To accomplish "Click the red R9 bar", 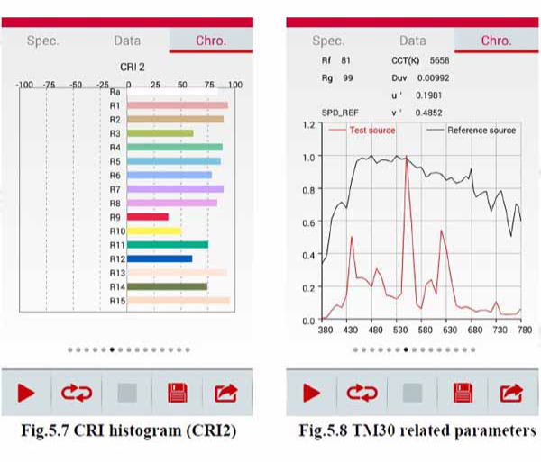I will coord(148,217).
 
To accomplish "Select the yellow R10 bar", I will coord(154,231).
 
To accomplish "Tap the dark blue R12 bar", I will coord(160,258).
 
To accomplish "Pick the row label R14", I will coord(115,287).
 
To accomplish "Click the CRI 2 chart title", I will coord(133,67).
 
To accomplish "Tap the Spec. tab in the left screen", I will coord(43,41).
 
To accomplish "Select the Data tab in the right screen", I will coord(412,41).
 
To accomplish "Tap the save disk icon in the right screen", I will coord(463,393).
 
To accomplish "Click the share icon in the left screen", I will coord(225,393).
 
